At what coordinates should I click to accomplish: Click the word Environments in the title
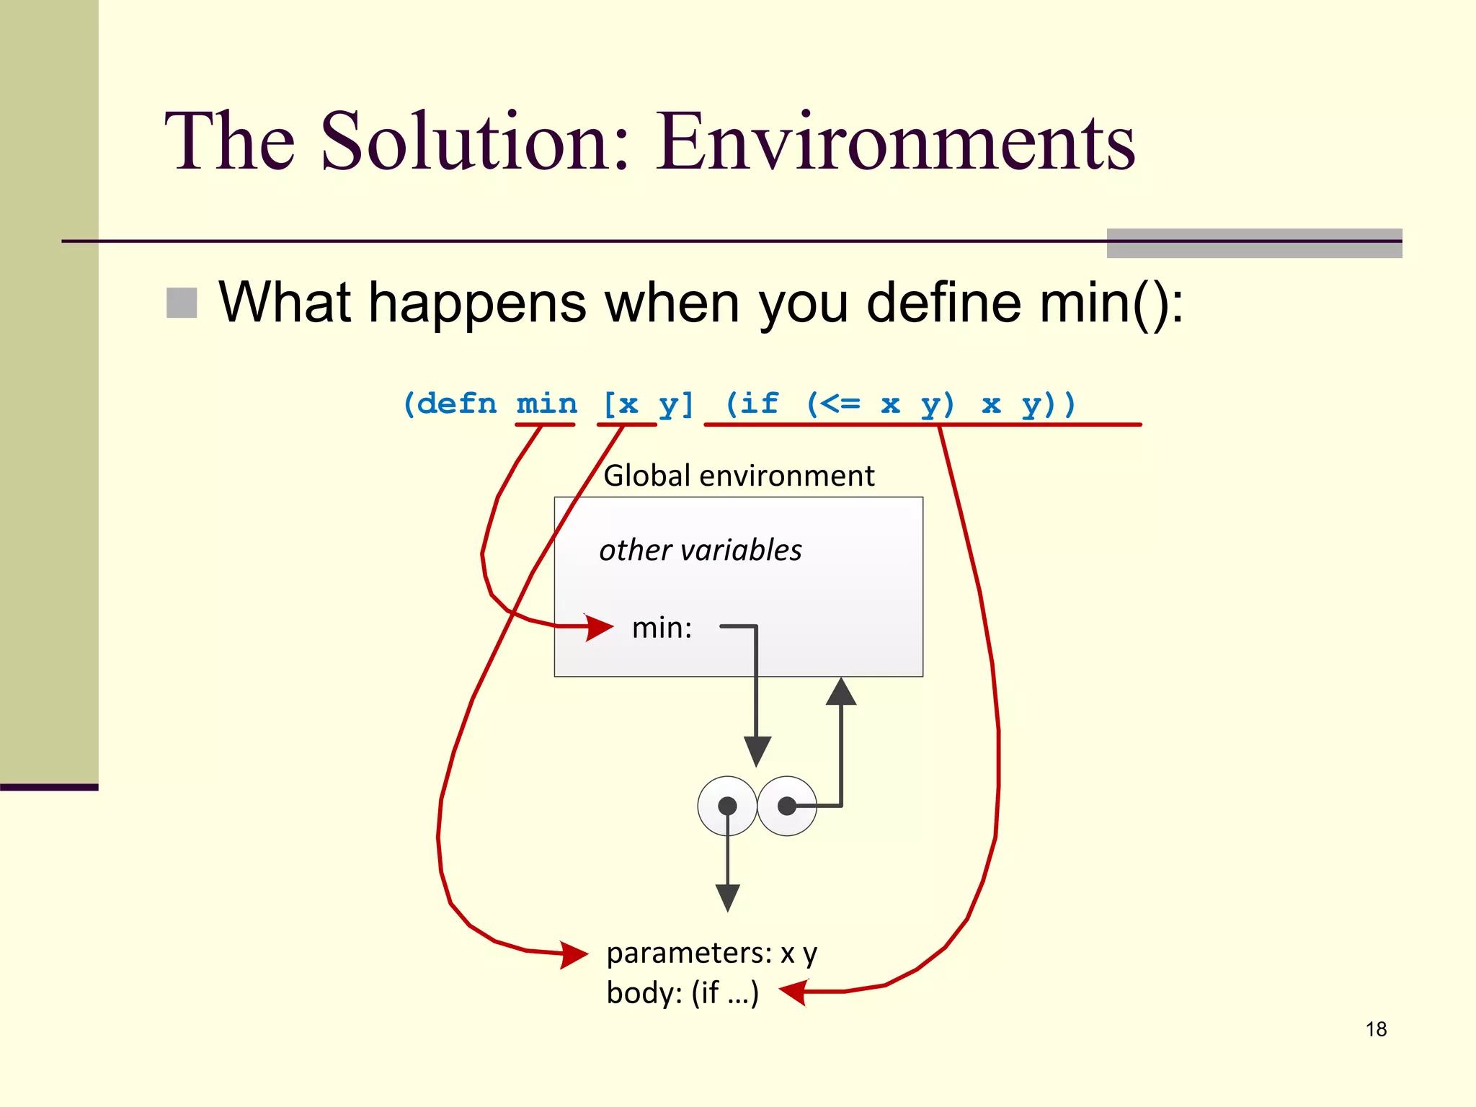tap(895, 142)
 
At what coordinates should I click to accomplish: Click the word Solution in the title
tap(474, 142)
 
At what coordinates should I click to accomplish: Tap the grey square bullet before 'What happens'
tap(182, 303)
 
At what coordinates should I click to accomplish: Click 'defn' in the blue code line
tap(457, 404)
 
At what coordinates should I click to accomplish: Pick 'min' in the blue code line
tap(546, 404)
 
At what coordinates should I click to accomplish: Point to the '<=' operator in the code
tap(842, 404)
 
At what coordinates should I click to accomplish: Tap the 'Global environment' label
tap(739, 476)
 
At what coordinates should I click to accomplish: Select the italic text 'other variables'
tap(700, 551)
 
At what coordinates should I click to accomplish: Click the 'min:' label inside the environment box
tap(662, 628)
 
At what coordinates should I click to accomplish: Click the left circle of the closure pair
tap(727, 806)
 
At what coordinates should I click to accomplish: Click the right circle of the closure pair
tap(787, 806)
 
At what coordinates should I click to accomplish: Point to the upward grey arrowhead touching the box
tap(841, 692)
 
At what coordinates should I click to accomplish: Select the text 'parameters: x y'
tap(711, 953)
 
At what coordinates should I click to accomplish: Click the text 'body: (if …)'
tap(683, 993)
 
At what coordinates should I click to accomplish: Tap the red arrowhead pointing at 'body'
tap(793, 992)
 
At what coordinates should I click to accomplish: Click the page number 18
tap(1375, 1029)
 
